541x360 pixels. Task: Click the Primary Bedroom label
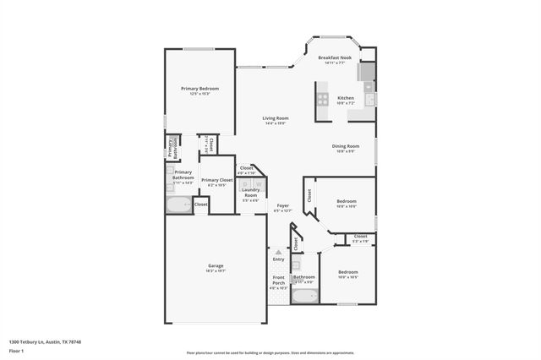tap(199, 89)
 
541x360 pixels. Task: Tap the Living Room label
tap(275, 118)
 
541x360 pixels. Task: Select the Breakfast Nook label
tap(334, 57)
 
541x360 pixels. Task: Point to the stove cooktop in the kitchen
tap(323, 99)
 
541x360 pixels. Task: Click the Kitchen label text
tap(346, 98)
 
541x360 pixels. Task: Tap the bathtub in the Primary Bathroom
tap(179, 205)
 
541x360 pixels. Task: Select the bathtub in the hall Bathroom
tap(303, 296)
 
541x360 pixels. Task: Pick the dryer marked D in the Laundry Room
tap(246, 183)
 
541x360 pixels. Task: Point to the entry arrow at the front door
tap(278, 252)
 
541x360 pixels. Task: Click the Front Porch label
tap(278, 280)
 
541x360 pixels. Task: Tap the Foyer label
tap(283, 205)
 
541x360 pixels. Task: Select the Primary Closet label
tap(216, 180)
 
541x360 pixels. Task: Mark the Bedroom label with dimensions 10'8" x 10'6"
tap(347, 201)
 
